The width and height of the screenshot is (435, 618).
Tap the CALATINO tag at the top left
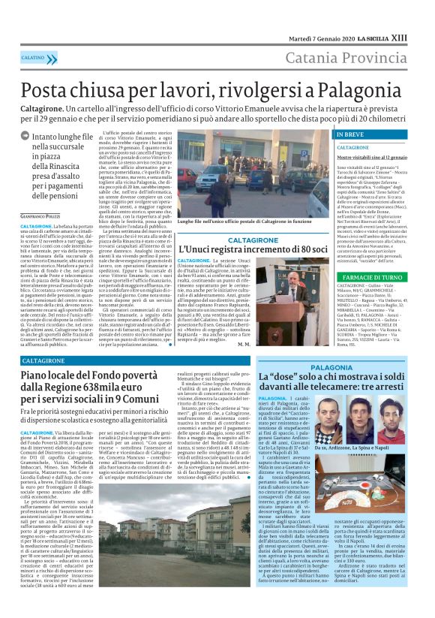point(33,57)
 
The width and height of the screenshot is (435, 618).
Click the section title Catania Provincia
point(355,58)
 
